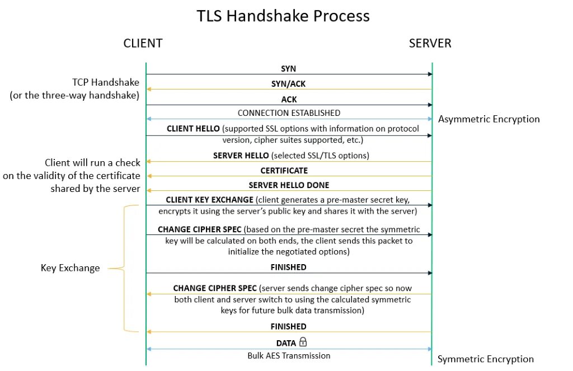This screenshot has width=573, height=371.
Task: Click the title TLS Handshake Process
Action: (x=283, y=16)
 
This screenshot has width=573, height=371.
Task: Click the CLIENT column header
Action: (x=143, y=43)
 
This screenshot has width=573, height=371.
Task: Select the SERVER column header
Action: (x=430, y=43)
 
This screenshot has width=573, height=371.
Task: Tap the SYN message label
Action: (x=289, y=68)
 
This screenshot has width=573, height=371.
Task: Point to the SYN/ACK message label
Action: (x=288, y=83)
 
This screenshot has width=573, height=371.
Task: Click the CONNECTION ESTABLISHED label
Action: (x=289, y=113)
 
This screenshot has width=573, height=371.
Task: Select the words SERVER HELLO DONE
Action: (x=288, y=185)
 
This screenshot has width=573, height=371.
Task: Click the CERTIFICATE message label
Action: (x=284, y=170)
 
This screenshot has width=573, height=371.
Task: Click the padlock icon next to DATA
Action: (x=303, y=341)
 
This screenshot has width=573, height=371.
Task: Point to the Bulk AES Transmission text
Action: (x=289, y=355)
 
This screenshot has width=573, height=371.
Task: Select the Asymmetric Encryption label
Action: (x=489, y=119)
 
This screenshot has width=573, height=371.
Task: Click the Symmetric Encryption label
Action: (x=485, y=359)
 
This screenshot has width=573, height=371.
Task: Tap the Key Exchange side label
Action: (x=71, y=268)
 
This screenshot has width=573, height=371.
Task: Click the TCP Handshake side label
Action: (x=106, y=83)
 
